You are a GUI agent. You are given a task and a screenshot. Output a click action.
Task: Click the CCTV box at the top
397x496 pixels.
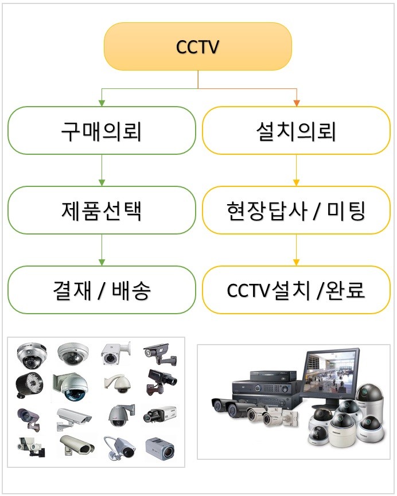coord(198,46)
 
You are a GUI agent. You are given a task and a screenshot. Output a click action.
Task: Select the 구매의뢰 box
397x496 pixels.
coord(101,131)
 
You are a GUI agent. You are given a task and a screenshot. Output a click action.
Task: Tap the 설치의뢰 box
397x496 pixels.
coord(296,131)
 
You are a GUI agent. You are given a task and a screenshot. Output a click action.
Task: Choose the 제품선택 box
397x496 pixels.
coord(101,210)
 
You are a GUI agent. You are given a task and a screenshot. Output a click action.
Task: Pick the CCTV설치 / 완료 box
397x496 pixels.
coord(296,290)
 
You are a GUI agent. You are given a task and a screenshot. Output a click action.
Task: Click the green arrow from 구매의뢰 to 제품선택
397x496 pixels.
coord(101,170)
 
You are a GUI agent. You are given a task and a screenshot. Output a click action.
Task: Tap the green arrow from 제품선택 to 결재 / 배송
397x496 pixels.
coord(101,250)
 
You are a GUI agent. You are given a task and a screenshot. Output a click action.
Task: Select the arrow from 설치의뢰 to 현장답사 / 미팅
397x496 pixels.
coord(296,170)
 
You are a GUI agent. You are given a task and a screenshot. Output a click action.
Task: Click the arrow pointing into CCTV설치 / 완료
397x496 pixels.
coord(296,250)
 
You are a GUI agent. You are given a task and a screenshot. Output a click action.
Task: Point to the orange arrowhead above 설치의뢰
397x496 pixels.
coord(296,103)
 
